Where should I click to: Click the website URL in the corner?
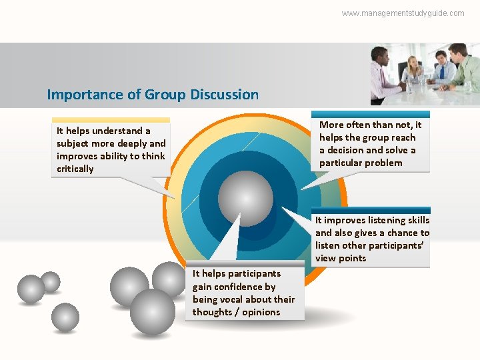click(403, 13)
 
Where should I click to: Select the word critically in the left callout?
click(75, 169)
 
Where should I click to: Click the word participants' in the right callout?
click(397, 245)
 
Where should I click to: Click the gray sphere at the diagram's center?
click(245, 197)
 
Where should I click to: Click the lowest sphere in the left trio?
click(65, 317)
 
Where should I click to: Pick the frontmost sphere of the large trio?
click(152, 311)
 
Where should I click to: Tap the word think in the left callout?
click(153, 156)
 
